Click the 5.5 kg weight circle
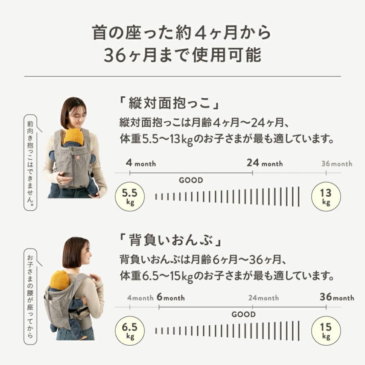pyautogui.click(x=130, y=196)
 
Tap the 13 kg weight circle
pyautogui.click(x=326, y=197)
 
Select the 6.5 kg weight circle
pyautogui.click(x=130, y=331)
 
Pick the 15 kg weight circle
pyautogui.click(x=326, y=331)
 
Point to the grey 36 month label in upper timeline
pyautogui.click(x=337, y=164)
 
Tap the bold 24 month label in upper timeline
pyautogui.click(x=265, y=163)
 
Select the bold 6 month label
pyautogui.click(x=171, y=298)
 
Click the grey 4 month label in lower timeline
pyautogui.click(x=141, y=298)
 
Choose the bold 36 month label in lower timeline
pyautogui.click(x=337, y=297)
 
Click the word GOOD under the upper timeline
pyautogui.click(x=191, y=180)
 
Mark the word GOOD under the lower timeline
pyautogui.click(x=243, y=315)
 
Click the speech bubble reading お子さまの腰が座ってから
pyautogui.click(x=31, y=295)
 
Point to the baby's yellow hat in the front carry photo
pyautogui.click(x=74, y=136)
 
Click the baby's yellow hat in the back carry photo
pyautogui.click(x=60, y=280)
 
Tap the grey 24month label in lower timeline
pyautogui.click(x=264, y=298)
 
